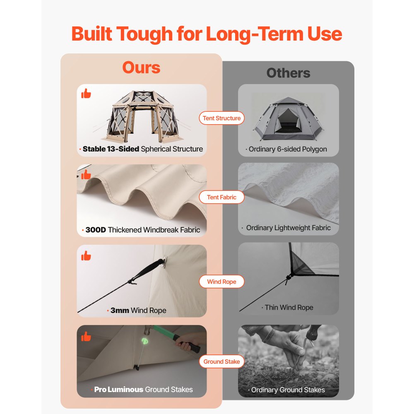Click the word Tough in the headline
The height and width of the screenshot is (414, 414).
point(144,34)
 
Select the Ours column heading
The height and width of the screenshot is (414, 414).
point(141,67)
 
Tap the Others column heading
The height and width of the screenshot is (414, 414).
point(288,73)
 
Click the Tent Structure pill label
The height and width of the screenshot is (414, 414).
point(221,118)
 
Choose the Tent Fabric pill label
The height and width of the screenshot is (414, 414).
point(221,197)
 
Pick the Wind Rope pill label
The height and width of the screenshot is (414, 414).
point(221,282)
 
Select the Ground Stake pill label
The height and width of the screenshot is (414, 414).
point(221,361)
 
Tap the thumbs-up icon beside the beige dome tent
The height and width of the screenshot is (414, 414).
point(86,94)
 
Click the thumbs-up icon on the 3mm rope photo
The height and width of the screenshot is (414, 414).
point(86,255)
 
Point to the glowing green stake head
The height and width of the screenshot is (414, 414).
point(145,341)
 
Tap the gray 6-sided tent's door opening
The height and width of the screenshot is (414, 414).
point(287,121)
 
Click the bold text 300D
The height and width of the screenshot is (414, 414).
point(96,230)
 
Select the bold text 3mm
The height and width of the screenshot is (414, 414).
point(120,310)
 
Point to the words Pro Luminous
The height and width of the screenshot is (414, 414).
point(118,390)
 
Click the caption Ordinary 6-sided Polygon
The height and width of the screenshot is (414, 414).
point(288,149)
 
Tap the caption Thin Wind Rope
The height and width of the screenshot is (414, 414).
point(289,307)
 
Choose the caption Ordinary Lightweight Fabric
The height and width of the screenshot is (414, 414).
point(288,228)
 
